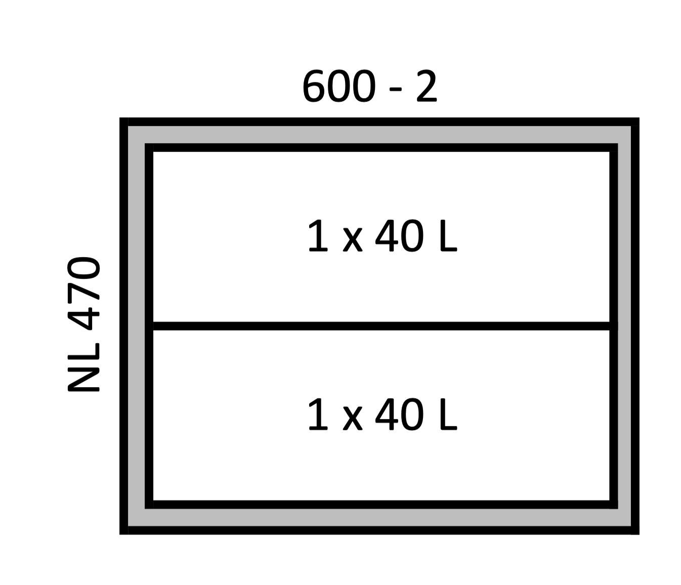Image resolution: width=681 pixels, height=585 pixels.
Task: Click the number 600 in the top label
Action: [x=339, y=86]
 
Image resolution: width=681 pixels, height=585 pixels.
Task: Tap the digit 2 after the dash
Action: [x=427, y=86]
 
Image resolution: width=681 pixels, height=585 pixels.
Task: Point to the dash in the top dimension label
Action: [x=396, y=89]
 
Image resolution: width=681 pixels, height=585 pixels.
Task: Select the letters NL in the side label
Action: [x=83, y=367]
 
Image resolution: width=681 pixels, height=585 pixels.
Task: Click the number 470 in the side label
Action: [x=83, y=294]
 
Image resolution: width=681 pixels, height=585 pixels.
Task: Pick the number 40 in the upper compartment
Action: [x=399, y=236]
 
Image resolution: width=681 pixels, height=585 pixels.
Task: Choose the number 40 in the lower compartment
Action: [x=399, y=414]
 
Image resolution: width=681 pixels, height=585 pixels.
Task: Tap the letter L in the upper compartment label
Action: [x=449, y=236]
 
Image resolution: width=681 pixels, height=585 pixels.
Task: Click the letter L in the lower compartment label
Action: [x=449, y=414]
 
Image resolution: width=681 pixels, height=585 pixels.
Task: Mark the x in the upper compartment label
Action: [x=353, y=240]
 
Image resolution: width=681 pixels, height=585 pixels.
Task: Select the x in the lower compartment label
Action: [x=353, y=419]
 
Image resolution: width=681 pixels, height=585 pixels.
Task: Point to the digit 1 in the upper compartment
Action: [x=318, y=236]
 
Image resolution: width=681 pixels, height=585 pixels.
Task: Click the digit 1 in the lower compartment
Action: [x=318, y=414]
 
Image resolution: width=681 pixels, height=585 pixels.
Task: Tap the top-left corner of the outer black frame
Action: [x=120, y=118]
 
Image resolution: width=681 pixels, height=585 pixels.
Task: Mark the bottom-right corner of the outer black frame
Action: [x=639, y=534]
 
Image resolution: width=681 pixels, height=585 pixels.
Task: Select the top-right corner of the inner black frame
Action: [x=617, y=144]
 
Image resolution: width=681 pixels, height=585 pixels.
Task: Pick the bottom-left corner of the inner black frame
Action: [x=145, y=508]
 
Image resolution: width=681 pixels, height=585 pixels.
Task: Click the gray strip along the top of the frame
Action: [x=379, y=135]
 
